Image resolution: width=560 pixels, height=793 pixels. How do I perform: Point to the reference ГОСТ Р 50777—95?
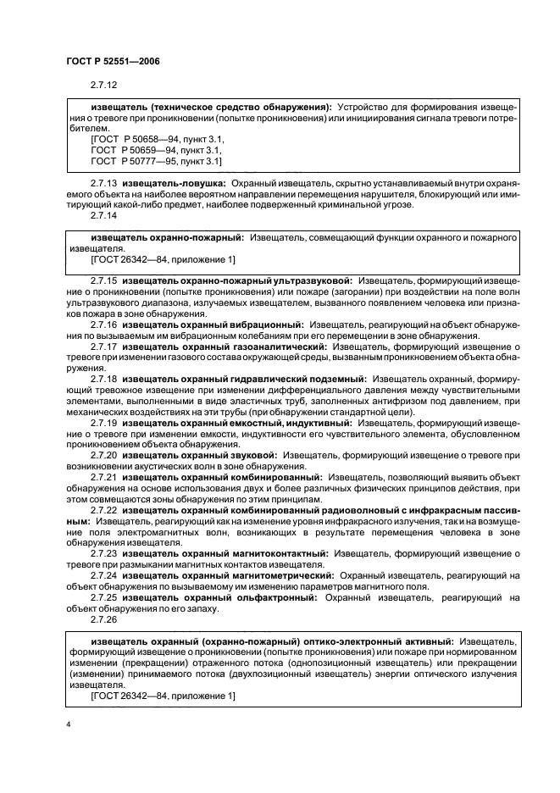[127, 160]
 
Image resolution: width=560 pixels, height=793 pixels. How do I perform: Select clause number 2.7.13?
[103, 182]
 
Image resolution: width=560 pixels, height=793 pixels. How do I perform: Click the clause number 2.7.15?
[103, 280]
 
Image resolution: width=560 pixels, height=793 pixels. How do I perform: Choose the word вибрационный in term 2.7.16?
[263, 324]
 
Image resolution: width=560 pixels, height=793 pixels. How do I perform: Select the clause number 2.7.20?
[103, 455]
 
